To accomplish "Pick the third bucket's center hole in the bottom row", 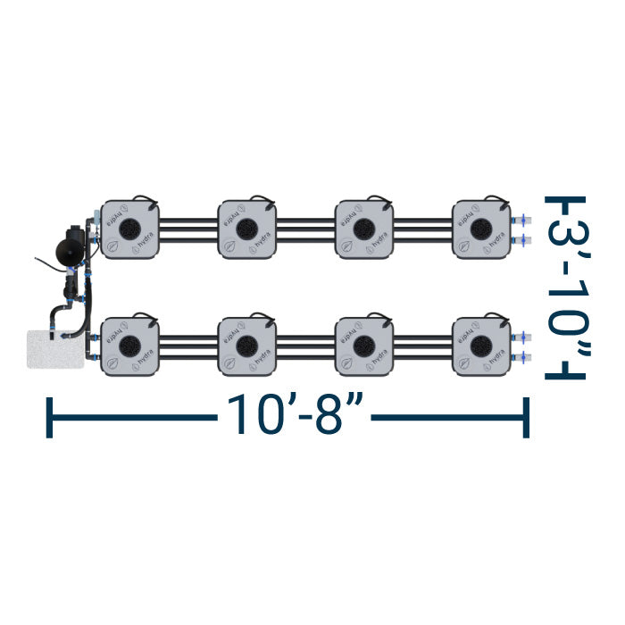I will point(365,345).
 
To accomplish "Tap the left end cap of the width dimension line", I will point(49,417).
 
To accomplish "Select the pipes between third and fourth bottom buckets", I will point(423,345).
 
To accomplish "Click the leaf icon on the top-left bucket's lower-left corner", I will point(113,246).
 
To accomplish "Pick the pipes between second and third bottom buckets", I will point(306,345).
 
